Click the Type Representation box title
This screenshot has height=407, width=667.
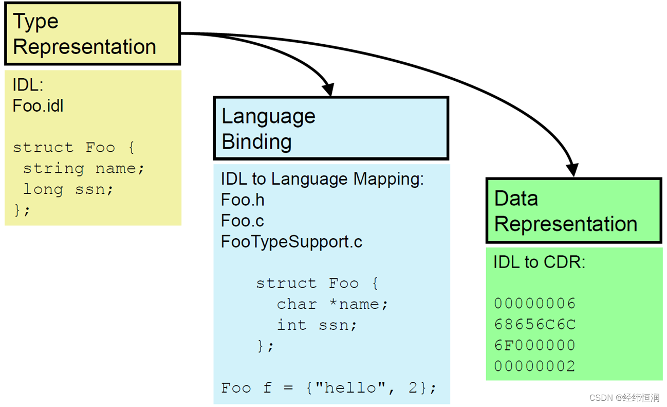85,34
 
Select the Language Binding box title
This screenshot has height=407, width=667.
268,129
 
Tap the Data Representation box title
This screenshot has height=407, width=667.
565,211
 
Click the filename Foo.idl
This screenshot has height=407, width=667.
38,106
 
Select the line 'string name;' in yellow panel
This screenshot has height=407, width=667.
83,168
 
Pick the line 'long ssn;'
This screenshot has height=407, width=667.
68,189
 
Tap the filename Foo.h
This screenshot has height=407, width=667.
243,200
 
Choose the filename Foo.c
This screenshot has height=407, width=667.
242,221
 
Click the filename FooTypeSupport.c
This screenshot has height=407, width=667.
291,242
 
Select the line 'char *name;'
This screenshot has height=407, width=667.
332,304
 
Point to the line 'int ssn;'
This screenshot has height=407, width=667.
317,325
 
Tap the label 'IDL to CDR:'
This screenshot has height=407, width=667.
539,262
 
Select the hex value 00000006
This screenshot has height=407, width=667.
534,304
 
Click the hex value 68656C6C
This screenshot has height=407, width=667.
534,325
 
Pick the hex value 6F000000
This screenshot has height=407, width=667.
534,345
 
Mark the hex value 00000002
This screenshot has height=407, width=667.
534,366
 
